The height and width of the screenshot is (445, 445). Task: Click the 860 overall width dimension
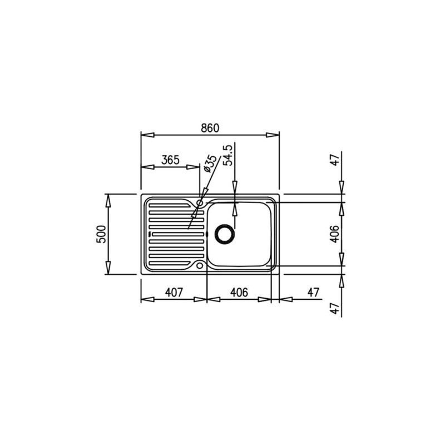click(x=210, y=128)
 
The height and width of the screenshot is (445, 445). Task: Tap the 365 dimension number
click(x=170, y=160)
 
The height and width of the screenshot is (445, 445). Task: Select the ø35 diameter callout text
click(x=210, y=164)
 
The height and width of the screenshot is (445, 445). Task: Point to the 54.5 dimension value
click(x=228, y=155)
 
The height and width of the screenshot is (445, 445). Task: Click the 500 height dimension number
click(x=101, y=234)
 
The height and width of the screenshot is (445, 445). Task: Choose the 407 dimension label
click(x=174, y=293)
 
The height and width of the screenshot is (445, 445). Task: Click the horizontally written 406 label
click(x=239, y=293)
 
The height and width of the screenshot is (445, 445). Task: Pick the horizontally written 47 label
click(x=313, y=293)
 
